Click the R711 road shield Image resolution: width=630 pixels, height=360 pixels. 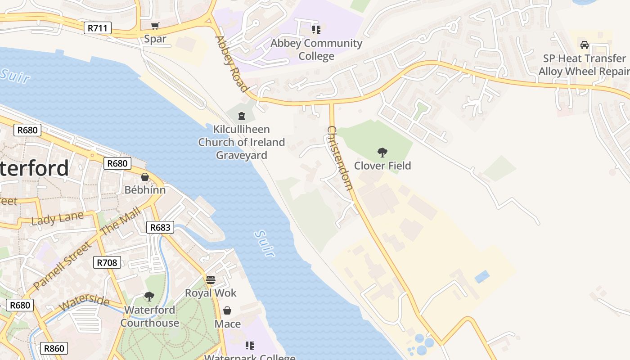[98, 28]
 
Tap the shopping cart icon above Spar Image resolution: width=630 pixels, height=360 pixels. [155, 26]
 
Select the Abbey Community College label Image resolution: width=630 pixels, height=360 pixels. [316, 49]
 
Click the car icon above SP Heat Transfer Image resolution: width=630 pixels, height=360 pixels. [585, 45]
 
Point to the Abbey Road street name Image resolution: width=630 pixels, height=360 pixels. [232, 63]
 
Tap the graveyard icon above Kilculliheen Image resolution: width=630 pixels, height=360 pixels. [242, 116]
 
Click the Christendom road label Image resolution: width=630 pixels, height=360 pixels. [340, 157]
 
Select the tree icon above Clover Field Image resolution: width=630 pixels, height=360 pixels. [382, 153]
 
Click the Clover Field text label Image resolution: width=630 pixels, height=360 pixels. [382, 166]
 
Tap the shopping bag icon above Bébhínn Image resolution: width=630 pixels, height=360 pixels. [145, 177]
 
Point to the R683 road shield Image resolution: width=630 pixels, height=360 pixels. [160, 227]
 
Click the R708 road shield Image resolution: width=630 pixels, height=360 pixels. [107, 262]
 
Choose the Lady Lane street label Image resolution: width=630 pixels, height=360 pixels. [57, 218]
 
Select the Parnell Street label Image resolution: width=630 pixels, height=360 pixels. [62, 265]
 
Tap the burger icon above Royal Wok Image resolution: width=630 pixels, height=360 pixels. [211, 280]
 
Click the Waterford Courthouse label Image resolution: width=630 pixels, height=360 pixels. [149, 316]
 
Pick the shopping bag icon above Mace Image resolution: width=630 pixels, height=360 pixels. [227, 310]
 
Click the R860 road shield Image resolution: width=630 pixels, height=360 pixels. [54, 348]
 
